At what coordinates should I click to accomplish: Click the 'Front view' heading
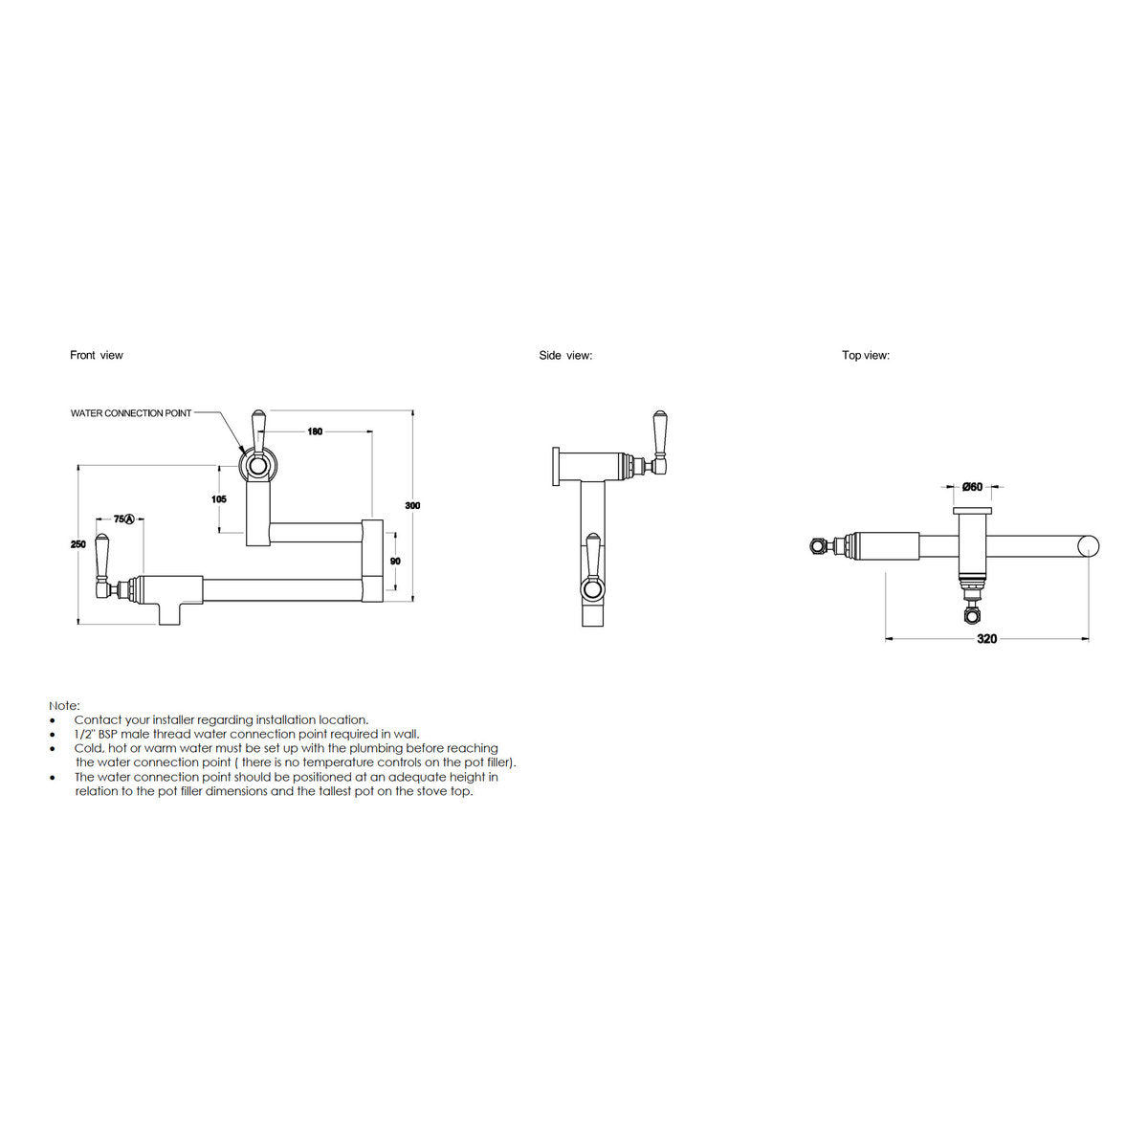pyautogui.click(x=96, y=355)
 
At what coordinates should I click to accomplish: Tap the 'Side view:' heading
pyautogui.click(x=565, y=355)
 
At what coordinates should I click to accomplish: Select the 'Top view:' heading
pyautogui.click(x=866, y=355)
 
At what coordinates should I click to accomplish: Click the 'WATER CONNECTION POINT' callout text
pyautogui.click(x=131, y=413)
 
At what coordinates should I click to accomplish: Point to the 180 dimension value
pyautogui.click(x=315, y=431)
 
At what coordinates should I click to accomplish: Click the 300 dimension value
pyautogui.click(x=412, y=505)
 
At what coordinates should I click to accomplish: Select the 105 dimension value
pyautogui.click(x=219, y=499)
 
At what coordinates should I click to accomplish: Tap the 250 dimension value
pyautogui.click(x=78, y=544)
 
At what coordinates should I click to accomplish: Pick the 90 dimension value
pyautogui.click(x=395, y=562)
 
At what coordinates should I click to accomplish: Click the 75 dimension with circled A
pyautogui.click(x=124, y=519)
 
